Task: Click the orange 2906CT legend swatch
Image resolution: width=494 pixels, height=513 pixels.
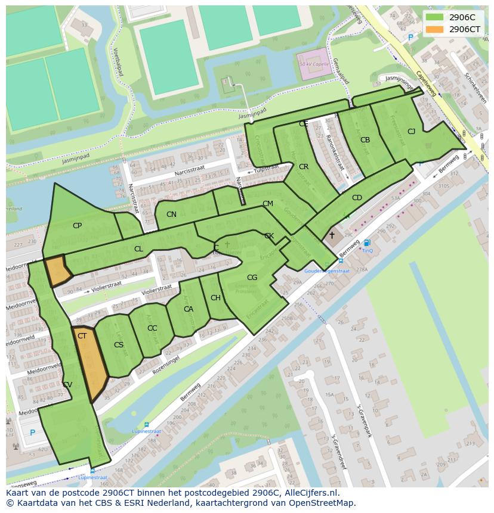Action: coord(434,29)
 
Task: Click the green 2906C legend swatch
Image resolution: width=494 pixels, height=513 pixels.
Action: coord(434,17)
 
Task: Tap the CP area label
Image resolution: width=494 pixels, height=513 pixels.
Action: coord(77,226)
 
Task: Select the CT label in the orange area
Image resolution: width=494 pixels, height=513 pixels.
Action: coord(82,336)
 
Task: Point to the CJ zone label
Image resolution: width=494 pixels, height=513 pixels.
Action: coord(411,131)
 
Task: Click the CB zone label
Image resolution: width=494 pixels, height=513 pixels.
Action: coord(365,140)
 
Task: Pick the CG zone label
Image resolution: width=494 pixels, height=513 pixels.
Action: coord(252,278)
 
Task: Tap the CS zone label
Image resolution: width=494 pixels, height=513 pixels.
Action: coord(119,345)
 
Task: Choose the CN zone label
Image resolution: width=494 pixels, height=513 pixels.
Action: coord(171,214)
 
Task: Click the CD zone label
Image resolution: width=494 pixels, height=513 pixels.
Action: coord(357,198)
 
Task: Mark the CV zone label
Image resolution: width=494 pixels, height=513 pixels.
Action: coord(67,385)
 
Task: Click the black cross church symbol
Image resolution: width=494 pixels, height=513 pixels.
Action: coord(332,235)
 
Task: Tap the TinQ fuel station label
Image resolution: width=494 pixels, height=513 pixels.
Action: coord(367,250)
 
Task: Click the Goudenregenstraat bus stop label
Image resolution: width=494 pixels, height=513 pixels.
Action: coord(326,271)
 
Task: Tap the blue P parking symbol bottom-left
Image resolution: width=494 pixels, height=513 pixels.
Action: coord(32,433)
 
